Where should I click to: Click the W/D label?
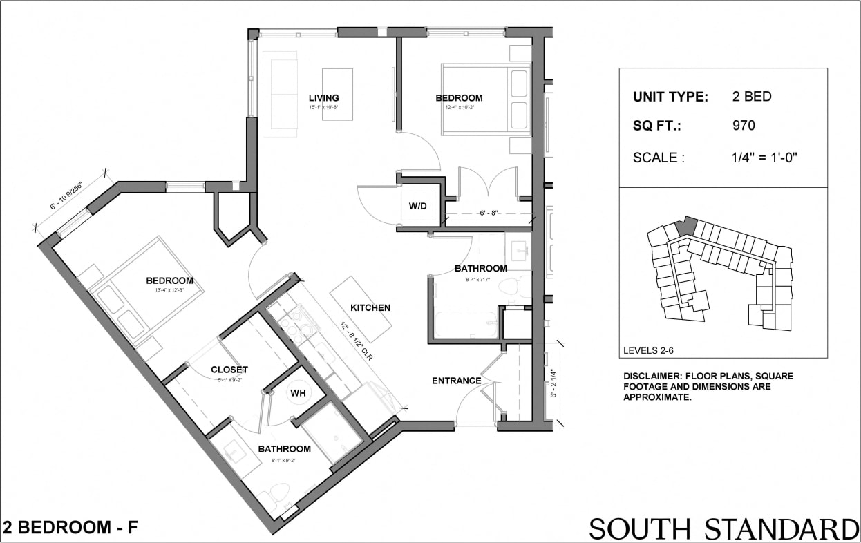pos(418,205)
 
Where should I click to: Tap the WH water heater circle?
pos(298,393)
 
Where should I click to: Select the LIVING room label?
pos(323,97)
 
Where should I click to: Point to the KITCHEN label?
pos(370,307)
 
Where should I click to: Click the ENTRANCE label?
pos(456,381)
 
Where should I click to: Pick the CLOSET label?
pos(229,370)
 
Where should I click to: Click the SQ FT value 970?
pos(744,126)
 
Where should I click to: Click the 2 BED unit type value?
pos(752,97)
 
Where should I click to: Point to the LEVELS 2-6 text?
pos(648,350)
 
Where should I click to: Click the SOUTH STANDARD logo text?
pos(723,528)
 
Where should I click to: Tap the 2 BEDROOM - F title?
pos(70,528)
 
